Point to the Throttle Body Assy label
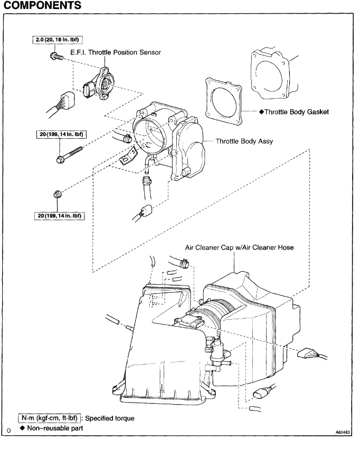coord(243,141)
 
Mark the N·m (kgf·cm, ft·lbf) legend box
coord(49,418)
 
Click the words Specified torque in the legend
coord(112,418)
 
